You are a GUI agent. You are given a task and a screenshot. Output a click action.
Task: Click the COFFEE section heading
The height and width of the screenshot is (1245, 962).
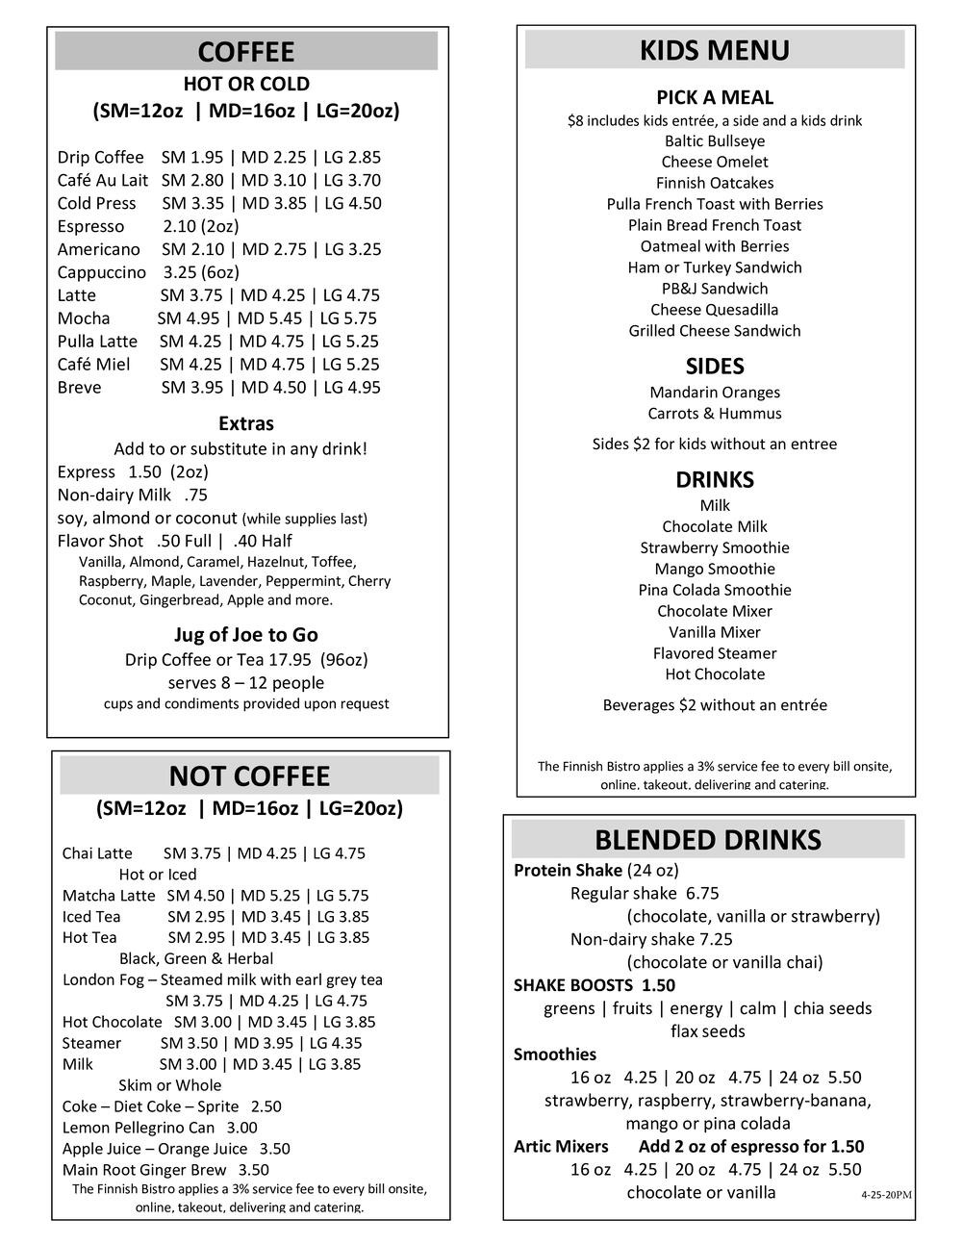pos(246,52)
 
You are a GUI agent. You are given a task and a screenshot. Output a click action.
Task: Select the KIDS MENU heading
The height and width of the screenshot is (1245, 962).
pos(715,50)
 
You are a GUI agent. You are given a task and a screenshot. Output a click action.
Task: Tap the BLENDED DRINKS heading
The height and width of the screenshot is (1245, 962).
pos(708,840)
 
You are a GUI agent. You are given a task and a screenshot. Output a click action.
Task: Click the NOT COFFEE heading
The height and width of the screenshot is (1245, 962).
pos(249,776)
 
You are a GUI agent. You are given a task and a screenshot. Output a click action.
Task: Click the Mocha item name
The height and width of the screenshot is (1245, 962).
pos(84,318)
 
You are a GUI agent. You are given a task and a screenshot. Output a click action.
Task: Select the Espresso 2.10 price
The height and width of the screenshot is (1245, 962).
pos(179,226)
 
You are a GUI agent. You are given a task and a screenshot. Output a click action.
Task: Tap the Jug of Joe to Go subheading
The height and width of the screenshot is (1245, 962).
pos(246,635)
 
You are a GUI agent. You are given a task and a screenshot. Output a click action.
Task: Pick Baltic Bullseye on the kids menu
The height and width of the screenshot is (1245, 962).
pos(715,140)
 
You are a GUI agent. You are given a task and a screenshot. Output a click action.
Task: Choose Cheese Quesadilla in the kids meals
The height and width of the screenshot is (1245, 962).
pos(715,310)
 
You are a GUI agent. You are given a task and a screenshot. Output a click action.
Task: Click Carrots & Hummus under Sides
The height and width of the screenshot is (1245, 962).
pos(715,414)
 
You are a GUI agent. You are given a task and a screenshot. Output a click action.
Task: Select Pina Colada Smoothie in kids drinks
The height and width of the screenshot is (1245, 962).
pos(715,590)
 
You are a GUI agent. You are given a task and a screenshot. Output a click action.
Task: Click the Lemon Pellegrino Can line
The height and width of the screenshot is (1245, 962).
pos(160,1128)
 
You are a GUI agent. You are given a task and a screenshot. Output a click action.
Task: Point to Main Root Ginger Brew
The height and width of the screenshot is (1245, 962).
pos(144,1170)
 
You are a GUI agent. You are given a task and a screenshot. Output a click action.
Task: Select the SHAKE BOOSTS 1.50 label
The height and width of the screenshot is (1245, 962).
pos(595,985)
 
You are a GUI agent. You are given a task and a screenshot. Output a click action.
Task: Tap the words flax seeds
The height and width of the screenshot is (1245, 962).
pos(708,1031)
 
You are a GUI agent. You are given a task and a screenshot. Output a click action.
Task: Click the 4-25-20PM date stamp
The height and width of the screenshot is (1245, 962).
pos(886,1195)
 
